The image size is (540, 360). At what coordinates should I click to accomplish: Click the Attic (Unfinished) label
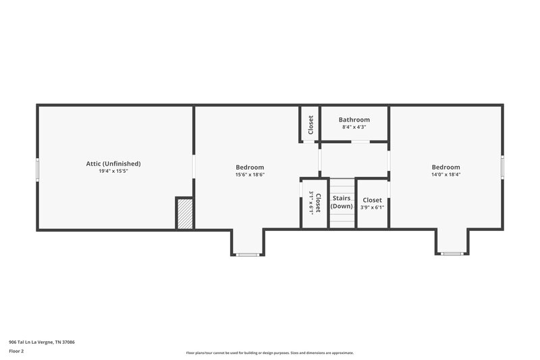(113, 163)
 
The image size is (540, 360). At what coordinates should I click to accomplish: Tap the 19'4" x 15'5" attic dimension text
(113, 172)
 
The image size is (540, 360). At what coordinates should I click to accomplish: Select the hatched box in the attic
(185, 213)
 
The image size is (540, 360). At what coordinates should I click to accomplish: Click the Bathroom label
(354, 120)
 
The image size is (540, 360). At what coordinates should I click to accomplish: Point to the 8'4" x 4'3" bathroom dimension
(354, 127)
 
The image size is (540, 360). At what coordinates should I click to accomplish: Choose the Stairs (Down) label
(342, 202)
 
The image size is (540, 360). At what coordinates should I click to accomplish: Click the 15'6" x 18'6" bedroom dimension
(250, 175)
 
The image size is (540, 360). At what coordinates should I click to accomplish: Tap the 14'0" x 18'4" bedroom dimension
(446, 174)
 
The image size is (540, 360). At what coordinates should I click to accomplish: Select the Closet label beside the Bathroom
(310, 125)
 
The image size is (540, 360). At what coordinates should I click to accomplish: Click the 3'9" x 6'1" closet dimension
(372, 208)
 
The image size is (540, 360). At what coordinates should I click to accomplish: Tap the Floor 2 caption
(16, 351)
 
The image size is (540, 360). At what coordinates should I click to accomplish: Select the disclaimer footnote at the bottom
(269, 353)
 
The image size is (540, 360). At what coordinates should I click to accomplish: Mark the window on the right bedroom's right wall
(502, 168)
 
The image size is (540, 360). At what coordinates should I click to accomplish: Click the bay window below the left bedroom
(248, 254)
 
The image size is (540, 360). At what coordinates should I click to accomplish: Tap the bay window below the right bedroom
(452, 254)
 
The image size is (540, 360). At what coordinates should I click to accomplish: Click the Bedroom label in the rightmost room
(446, 167)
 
